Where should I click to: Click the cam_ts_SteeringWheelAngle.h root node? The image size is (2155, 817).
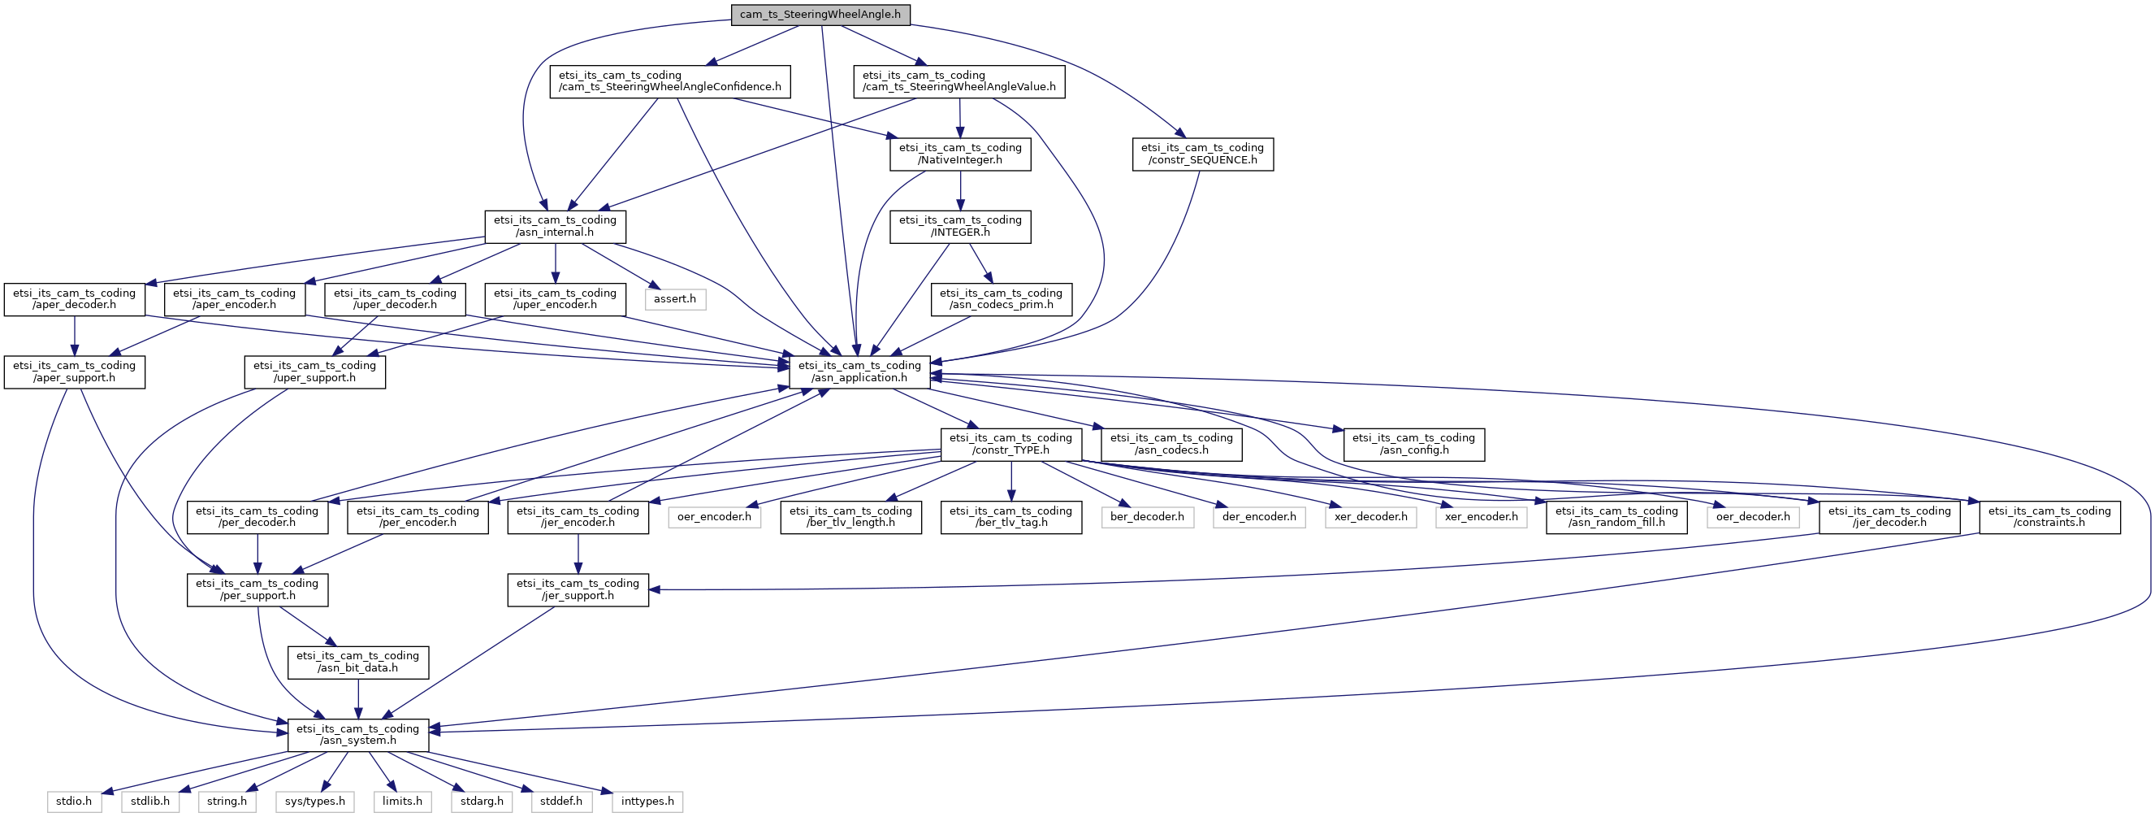pos(820,15)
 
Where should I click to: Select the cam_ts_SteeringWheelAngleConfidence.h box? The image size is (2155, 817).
pos(670,81)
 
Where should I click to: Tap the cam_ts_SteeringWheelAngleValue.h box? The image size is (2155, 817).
pos(958,81)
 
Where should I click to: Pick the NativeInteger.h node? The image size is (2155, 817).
pos(960,154)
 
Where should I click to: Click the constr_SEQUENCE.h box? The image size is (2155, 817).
pos(1203,154)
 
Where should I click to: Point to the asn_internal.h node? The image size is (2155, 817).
pos(556,227)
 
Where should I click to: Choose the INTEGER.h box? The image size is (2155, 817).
pos(960,227)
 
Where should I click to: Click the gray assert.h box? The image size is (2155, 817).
pos(675,299)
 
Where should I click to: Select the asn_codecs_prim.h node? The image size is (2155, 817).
pos(1002,300)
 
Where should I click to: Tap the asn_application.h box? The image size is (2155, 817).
pos(860,372)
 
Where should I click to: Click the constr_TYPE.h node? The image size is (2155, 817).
pos(1011,445)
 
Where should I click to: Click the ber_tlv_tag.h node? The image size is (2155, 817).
pos(1011,517)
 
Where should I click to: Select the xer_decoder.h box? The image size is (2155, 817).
pos(1370,517)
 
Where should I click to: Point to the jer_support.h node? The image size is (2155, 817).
pos(578,590)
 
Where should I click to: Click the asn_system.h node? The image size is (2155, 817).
pos(358,735)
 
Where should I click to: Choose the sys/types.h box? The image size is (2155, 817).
pos(314,802)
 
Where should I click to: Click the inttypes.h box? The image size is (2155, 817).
pos(647,802)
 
